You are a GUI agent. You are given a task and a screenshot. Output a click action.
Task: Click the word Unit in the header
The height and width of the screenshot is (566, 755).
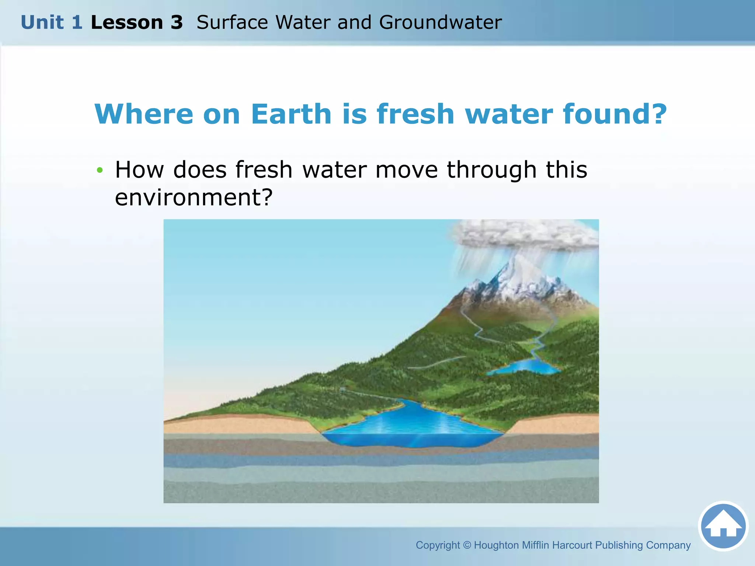42,22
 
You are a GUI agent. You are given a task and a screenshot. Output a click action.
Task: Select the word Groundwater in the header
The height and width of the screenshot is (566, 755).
440,22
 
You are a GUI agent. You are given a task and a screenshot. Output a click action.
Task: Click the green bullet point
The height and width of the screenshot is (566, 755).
99,170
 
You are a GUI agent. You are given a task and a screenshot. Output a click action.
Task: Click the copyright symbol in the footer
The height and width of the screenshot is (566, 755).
467,545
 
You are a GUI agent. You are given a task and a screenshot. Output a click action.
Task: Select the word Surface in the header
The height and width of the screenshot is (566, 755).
232,22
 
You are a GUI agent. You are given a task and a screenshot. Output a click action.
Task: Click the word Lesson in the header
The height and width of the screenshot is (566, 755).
126,22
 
